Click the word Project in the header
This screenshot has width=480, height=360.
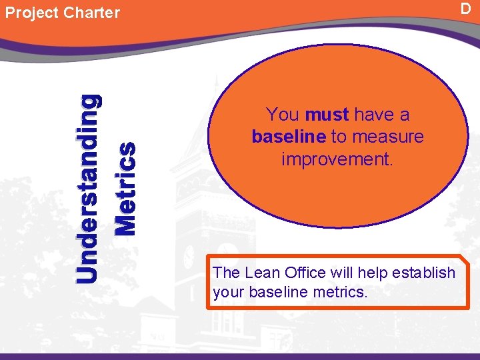tap(31, 13)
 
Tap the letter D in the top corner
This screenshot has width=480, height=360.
tap(466, 8)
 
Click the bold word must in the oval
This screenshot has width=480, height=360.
tap(327, 115)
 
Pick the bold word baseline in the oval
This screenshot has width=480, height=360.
tap(289, 137)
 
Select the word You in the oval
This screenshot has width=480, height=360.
tap(282, 115)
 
